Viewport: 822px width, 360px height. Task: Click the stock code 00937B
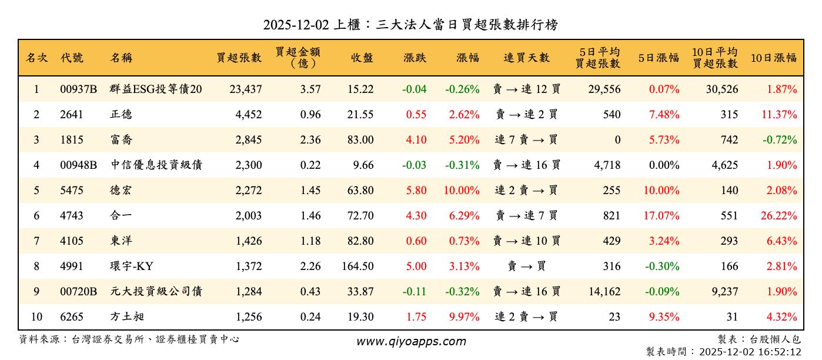click(x=78, y=89)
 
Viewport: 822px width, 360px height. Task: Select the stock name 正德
click(x=121, y=115)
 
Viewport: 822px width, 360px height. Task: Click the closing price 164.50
click(x=357, y=266)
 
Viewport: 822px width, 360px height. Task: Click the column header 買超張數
click(x=239, y=58)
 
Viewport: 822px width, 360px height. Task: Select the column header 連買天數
click(x=526, y=58)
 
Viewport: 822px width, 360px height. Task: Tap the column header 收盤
click(x=362, y=58)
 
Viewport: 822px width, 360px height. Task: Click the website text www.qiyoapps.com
click(x=411, y=342)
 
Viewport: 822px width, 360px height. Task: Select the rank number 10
click(x=36, y=317)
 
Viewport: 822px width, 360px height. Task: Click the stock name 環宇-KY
click(x=131, y=266)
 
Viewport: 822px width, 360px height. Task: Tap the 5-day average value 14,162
click(x=603, y=292)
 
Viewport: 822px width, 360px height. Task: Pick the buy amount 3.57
click(x=310, y=89)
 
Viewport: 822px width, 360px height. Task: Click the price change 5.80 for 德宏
click(x=416, y=191)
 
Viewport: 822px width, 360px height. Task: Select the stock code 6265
click(x=72, y=317)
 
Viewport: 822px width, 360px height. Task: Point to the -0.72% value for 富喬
click(x=780, y=140)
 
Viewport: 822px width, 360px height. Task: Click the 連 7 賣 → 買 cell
click(x=526, y=140)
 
